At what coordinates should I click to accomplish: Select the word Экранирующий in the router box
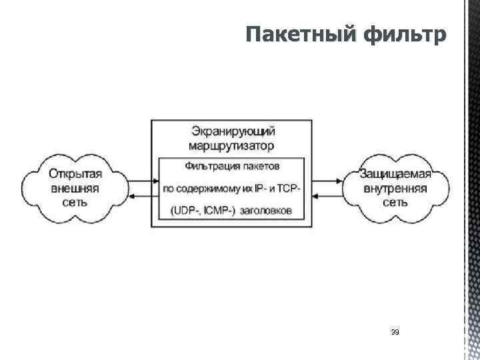click(231, 130)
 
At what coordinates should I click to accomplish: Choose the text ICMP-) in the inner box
click(227, 211)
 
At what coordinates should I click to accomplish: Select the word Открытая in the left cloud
click(75, 174)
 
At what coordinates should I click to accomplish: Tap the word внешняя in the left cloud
click(75, 188)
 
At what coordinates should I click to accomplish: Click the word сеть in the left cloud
click(75, 202)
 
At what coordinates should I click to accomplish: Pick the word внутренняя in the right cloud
click(396, 188)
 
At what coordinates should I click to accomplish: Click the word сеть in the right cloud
click(395, 202)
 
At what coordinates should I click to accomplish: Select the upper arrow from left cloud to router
click(139, 181)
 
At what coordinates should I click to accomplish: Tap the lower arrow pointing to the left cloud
click(139, 195)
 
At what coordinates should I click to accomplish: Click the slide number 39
click(395, 331)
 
